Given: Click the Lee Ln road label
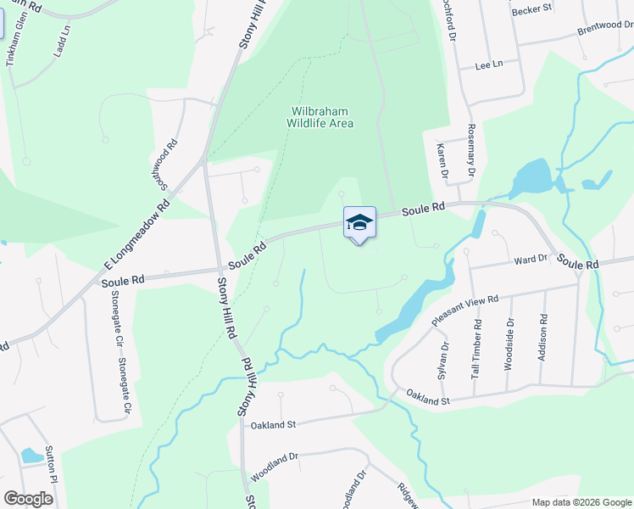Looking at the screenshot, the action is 489,64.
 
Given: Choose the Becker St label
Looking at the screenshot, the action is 532,8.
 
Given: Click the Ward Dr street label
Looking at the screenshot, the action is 531,259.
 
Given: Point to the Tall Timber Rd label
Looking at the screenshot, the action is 478,348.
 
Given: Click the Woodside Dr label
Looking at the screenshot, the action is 509,344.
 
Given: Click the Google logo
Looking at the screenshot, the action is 28,499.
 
